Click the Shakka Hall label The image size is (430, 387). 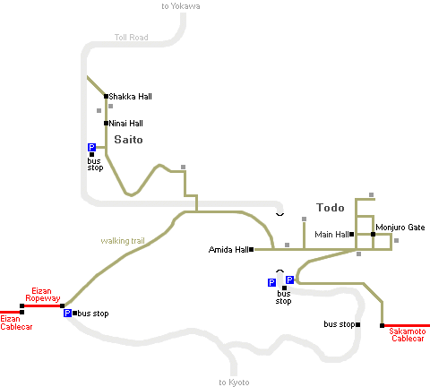click(x=130, y=97)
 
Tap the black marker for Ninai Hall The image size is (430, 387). click(x=106, y=123)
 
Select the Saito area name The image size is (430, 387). click(x=128, y=140)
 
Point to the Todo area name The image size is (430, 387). click(x=331, y=208)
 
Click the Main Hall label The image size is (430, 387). click(x=331, y=235)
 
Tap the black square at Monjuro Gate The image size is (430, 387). click(x=373, y=235)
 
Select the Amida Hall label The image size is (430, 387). click(x=228, y=249)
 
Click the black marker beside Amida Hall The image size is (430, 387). click(x=252, y=249)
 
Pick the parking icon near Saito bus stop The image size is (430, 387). click(x=91, y=147)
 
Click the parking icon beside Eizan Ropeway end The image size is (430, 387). click(x=67, y=313)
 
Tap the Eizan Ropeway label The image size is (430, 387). click(x=42, y=295)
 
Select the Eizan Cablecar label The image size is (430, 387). click(x=16, y=322)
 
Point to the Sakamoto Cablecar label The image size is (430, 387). click(x=408, y=335)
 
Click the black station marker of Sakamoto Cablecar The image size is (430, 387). click(x=382, y=325)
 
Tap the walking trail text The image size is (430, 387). click(x=123, y=241)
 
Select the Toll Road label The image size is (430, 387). click(x=132, y=38)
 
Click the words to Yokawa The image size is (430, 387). click(x=181, y=6)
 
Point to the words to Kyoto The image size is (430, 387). click(x=234, y=383)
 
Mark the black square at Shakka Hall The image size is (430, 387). click(x=106, y=96)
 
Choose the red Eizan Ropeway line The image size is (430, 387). click(x=42, y=305)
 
